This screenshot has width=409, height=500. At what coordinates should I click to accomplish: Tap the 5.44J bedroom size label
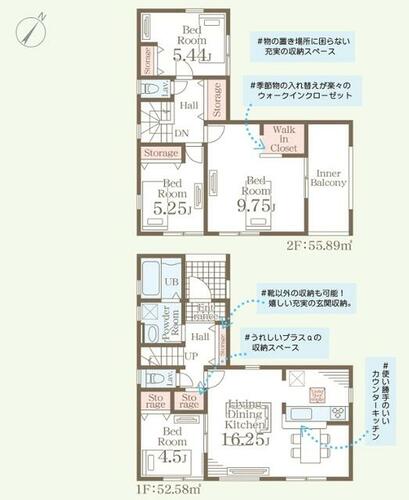click(190, 55)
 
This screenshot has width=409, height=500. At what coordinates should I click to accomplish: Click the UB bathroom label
click(170, 283)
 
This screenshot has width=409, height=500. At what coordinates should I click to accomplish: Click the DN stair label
click(183, 132)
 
